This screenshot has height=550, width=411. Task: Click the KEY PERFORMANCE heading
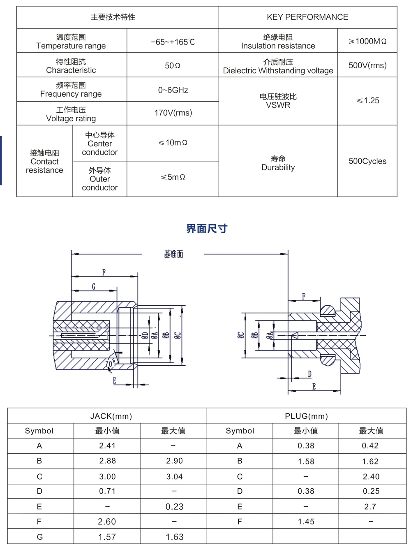pos(307,17)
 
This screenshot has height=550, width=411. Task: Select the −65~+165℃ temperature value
pos(173,42)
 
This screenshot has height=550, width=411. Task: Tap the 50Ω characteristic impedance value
pos(173,66)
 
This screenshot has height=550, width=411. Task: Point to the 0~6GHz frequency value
pos(173,90)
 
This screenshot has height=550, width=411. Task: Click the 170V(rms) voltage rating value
pos(173,113)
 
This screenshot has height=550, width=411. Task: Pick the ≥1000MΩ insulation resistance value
pos(367,41)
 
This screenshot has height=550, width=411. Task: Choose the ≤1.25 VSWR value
pos(367,100)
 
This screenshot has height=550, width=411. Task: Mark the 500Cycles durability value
pos(367,161)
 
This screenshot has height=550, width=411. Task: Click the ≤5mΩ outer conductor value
pos(173,177)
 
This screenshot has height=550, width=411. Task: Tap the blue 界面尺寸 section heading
pos(207,229)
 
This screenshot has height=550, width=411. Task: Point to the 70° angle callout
pos(110,364)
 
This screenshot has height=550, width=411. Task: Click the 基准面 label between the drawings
pos(173,254)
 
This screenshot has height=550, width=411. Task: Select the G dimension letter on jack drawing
pos(94,286)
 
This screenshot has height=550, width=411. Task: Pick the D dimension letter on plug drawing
pos(309,374)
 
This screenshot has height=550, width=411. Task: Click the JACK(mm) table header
pos(111,416)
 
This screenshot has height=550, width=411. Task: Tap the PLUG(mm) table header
pos(306,416)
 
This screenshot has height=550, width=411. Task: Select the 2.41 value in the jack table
pos(107,446)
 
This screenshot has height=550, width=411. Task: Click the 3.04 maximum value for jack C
pos(174,477)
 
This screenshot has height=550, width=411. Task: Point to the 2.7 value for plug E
pos(370,507)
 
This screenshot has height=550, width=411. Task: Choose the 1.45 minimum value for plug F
pos(306,522)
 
